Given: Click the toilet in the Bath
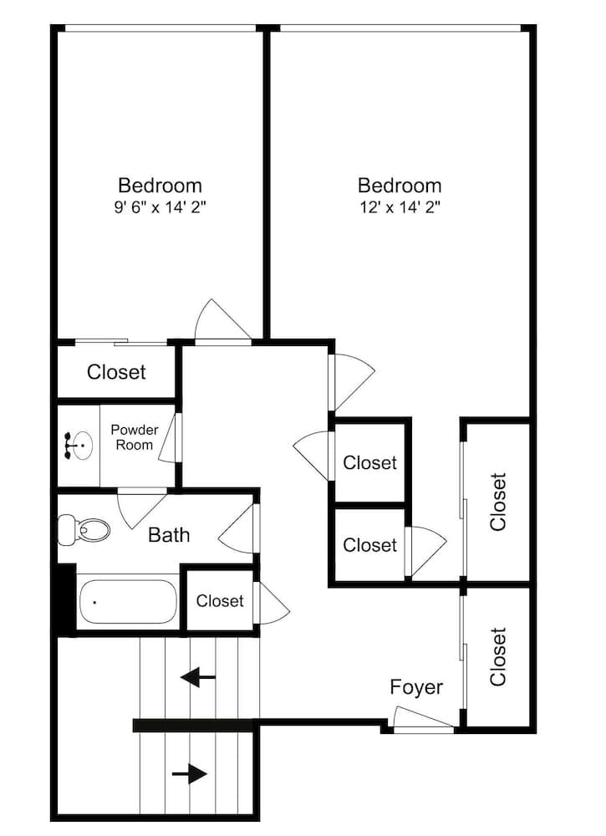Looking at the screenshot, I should tap(84, 529).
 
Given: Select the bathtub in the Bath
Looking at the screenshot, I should tap(128, 602).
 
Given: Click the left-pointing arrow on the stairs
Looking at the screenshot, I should tap(198, 676).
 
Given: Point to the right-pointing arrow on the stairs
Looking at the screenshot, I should tap(190, 775).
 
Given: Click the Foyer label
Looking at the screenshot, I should tap(416, 687).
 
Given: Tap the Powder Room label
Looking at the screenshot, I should tap(135, 437).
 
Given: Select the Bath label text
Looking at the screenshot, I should tap(169, 535).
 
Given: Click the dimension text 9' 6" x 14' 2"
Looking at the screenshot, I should tap(160, 206).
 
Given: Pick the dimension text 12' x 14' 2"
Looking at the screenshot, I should tap(400, 206).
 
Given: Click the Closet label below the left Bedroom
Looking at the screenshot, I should tap(116, 372).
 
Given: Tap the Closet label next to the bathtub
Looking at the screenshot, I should tap(220, 601).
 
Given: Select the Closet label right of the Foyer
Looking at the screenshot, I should tap(499, 656).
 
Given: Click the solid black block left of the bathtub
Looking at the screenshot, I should tap(65, 599).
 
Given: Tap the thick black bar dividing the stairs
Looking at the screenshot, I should tap(193, 725).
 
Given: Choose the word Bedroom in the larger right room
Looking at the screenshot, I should tap(400, 185).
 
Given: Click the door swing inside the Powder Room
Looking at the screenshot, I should tap(168, 437).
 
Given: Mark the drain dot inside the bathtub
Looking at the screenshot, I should tap(94, 602).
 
